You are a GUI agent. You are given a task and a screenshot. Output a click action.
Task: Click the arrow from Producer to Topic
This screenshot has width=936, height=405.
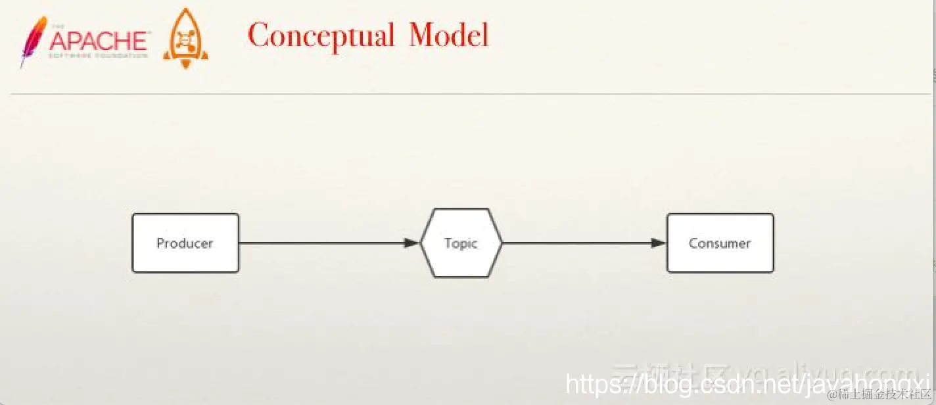coord(322,243)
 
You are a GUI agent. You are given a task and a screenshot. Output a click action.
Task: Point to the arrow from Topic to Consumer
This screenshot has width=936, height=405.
coord(578,243)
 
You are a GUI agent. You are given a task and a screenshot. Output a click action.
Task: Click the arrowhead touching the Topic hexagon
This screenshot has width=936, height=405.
coord(411,243)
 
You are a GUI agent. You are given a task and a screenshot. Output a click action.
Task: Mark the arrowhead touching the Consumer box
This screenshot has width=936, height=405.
coord(659,243)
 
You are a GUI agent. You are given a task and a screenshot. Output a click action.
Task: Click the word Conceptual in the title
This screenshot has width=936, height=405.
coord(321,36)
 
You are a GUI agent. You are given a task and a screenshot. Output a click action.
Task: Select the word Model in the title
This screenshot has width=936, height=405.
coord(449,35)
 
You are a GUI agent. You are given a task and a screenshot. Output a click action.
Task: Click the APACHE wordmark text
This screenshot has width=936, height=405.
coord(99,41)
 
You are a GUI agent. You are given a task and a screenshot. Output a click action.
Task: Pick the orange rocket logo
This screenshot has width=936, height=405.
coord(185,39)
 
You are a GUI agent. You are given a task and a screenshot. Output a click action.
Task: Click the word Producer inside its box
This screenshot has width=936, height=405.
coord(185,243)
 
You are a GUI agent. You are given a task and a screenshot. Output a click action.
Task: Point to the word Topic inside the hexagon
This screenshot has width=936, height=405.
coord(461,243)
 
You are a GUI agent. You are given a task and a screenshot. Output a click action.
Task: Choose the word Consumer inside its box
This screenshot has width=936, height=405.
coord(720,243)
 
